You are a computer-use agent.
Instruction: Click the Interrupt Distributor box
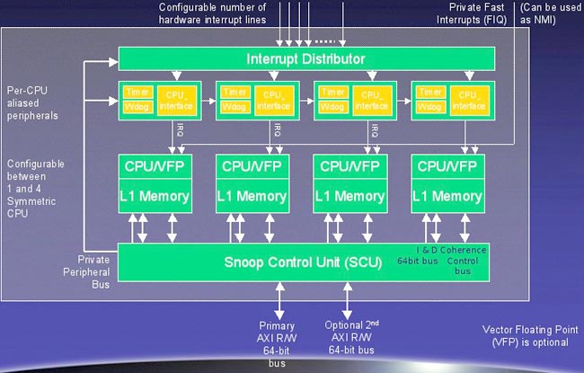[305, 59]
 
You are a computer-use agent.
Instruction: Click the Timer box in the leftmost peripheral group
[137, 92]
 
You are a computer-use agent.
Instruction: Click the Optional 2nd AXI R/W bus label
[350, 338]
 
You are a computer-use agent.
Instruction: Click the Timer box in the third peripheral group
[332, 92]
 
